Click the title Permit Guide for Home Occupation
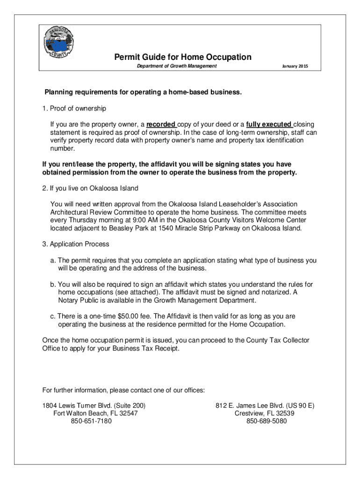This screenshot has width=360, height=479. pos(183,57)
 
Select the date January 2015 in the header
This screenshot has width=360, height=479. pos(295,66)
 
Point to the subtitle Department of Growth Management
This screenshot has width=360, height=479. pos(176,66)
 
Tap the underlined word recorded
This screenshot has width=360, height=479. pos(161,124)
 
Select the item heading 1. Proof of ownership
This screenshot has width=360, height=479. pos(74,109)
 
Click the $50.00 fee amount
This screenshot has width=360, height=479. pos(136,316)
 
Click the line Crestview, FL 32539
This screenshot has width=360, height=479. pos(265,414)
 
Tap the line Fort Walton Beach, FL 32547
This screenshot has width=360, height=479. pos(96,414)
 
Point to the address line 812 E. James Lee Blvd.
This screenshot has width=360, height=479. pos(265,406)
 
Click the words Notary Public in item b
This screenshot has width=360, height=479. pos(78,300)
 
